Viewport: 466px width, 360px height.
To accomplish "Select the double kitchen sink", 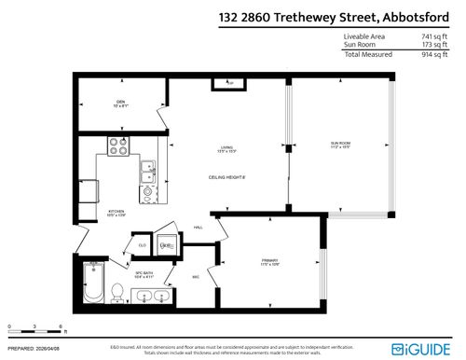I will point(147,171).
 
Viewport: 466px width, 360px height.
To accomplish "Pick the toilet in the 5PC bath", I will point(117,293).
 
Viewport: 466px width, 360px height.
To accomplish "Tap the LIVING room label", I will point(226,149).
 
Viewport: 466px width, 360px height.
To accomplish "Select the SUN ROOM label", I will point(339,145).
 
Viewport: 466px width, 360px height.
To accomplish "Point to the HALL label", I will point(198,227).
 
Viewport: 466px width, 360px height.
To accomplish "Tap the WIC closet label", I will point(196,277).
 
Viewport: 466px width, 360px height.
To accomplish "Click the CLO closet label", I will point(142,245).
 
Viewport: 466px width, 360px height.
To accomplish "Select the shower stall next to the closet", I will point(169,245).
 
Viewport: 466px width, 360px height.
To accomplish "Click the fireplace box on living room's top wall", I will point(226,85).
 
